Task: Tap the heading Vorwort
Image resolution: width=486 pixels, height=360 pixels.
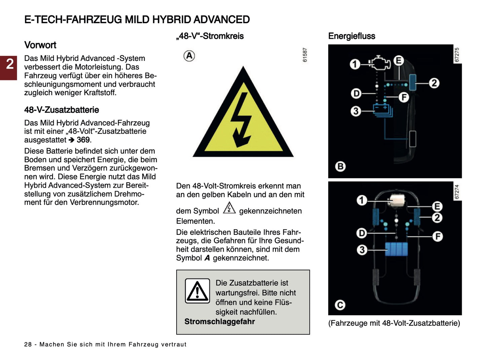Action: (40, 45)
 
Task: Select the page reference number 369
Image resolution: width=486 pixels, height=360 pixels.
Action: (83, 140)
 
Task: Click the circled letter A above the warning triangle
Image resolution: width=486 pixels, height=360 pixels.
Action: (189, 56)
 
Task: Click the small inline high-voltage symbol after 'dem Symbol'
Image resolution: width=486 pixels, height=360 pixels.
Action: (229, 208)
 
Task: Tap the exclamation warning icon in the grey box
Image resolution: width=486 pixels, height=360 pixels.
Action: (197, 291)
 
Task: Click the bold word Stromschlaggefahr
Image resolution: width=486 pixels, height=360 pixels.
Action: (219, 322)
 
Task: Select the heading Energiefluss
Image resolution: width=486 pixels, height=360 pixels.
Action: (351, 36)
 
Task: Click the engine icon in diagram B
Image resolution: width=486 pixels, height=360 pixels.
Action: (379, 63)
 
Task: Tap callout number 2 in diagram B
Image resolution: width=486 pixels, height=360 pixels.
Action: (434, 83)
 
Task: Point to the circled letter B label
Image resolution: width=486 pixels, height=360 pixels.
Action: (340, 166)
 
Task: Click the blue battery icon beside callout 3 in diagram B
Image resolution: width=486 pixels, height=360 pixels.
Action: (383, 110)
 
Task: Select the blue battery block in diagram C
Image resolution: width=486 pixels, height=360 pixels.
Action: (396, 249)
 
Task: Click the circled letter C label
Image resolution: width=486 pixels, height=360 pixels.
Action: (340, 305)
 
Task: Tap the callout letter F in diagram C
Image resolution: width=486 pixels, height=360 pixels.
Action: (437, 237)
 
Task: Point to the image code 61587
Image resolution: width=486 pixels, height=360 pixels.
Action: (305, 55)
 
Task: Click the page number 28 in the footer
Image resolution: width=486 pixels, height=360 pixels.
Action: (28, 345)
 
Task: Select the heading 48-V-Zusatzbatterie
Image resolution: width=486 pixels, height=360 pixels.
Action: (62, 110)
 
